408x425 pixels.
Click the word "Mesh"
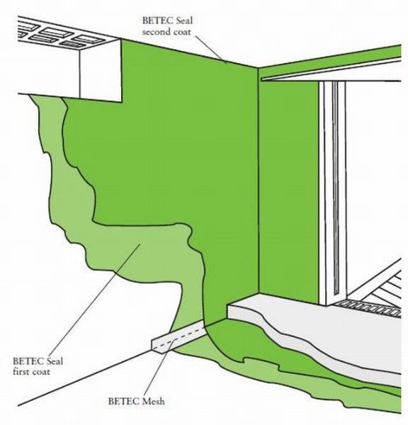tap(156, 401)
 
